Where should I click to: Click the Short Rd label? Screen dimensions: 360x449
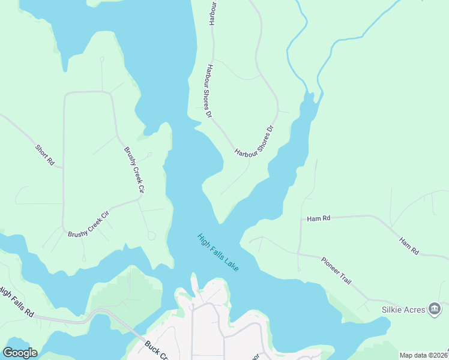point(45,155)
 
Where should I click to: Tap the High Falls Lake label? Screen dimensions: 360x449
point(218,252)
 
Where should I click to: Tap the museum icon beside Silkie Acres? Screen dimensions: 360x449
point(435,310)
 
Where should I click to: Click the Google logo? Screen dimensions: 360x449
point(20,353)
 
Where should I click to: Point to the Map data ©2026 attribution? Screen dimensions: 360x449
point(423,355)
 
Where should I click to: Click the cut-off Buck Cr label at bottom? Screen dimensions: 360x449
point(156,352)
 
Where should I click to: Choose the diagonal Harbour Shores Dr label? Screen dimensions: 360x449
point(255,141)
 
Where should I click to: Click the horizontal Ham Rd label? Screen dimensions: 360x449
point(318,219)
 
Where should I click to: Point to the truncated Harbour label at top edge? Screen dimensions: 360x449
point(212,12)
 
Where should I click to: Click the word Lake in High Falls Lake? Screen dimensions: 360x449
point(231,263)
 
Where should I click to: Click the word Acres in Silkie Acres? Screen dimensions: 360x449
point(413,310)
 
